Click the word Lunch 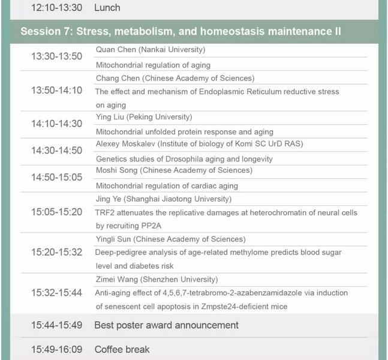pyautogui.click(x=107, y=8)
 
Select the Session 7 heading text pyautogui.click(x=181, y=31)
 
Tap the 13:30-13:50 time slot pyautogui.click(x=57, y=56)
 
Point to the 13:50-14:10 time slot pyautogui.click(x=57, y=90)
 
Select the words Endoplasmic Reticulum pyautogui.click(x=240, y=92)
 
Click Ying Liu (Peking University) pyautogui.click(x=144, y=117)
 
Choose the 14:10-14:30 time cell pyautogui.click(x=57, y=124)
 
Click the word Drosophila pyautogui.click(x=187, y=159)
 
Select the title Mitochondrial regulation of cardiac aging pyautogui.click(x=167, y=186)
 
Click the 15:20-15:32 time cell pyautogui.click(x=57, y=252)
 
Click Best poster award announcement pyautogui.click(x=166, y=325)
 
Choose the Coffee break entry pyautogui.click(x=122, y=349)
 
